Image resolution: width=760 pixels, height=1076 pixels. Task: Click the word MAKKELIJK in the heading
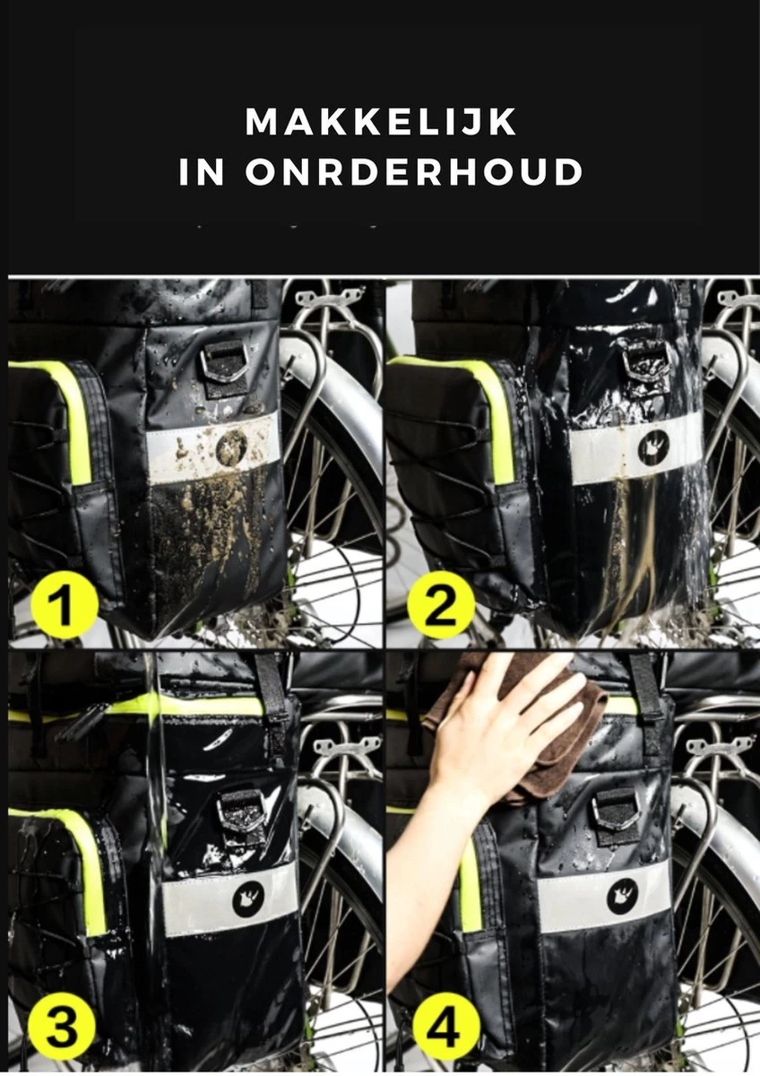[x=381, y=122]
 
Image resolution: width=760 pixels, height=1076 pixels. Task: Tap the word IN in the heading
[x=202, y=173]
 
